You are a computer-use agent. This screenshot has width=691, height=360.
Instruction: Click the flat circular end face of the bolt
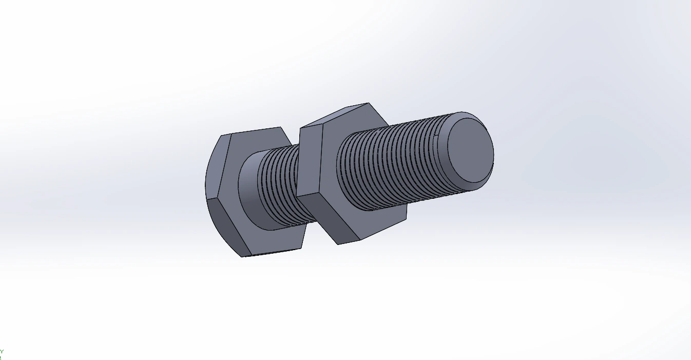click(x=468, y=150)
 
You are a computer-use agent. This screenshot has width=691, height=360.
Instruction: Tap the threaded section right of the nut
click(x=390, y=164)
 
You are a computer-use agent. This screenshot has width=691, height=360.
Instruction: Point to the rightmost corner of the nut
click(x=408, y=215)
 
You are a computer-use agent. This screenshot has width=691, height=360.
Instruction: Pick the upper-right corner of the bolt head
click(x=280, y=127)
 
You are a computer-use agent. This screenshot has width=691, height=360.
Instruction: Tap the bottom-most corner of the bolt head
click(x=243, y=256)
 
